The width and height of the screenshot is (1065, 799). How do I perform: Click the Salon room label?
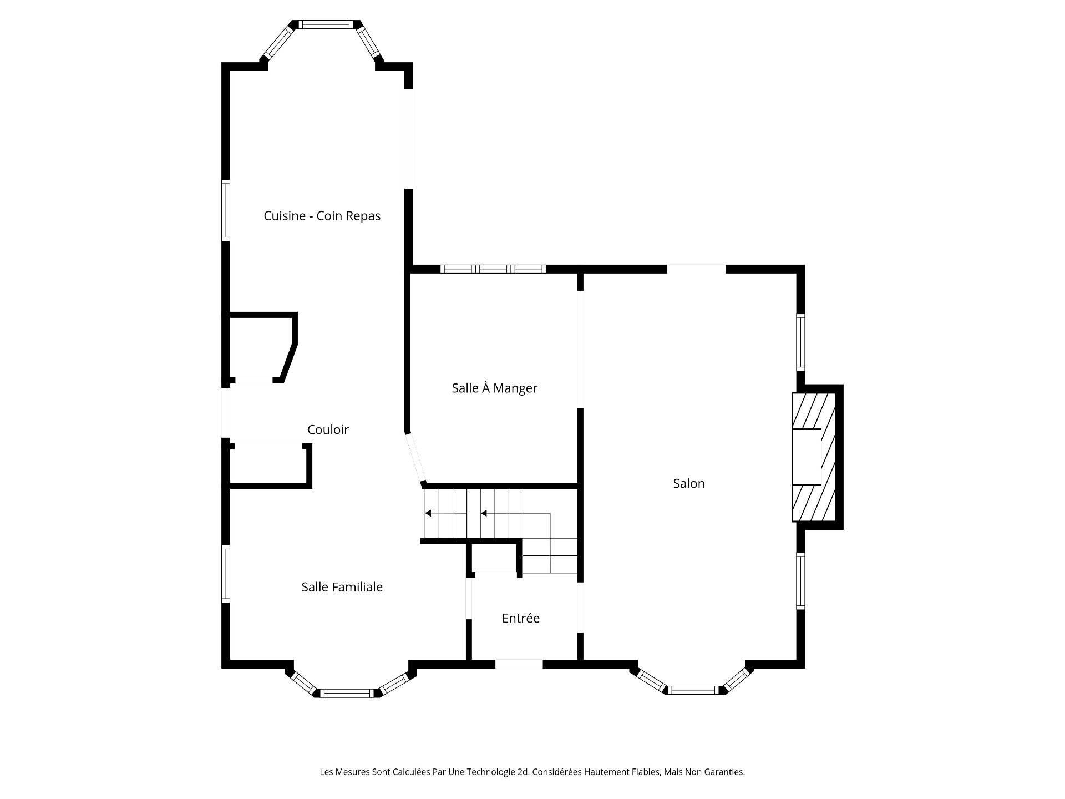(x=689, y=483)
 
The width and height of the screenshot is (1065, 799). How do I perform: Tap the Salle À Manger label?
(x=494, y=388)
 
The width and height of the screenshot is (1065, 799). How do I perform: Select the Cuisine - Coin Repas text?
(x=322, y=216)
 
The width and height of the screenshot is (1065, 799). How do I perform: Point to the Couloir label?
(x=328, y=429)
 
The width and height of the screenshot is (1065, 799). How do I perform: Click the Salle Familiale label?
(x=342, y=587)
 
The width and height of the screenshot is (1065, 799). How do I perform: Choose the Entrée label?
(x=520, y=618)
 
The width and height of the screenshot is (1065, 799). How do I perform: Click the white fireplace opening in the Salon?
(x=806, y=457)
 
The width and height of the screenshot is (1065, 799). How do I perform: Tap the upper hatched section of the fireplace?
(x=814, y=411)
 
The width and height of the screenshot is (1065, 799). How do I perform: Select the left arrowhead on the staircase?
(x=428, y=513)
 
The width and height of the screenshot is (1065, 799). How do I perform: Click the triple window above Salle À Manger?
(x=493, y=269)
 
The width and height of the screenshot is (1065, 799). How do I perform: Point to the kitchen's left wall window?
(x=226, y=210)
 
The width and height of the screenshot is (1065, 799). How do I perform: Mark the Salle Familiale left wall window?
(x=226, y=574)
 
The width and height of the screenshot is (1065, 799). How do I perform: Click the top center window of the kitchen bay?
(x=326, y=24)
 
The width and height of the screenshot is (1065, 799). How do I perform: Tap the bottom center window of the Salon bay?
(x=693, y=690)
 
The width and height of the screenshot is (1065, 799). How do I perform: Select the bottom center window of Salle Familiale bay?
(x=347, y=693)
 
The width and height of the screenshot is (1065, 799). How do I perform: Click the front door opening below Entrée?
(x=519, y=664)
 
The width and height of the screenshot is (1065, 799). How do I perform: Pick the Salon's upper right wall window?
(x=800, y=342)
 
